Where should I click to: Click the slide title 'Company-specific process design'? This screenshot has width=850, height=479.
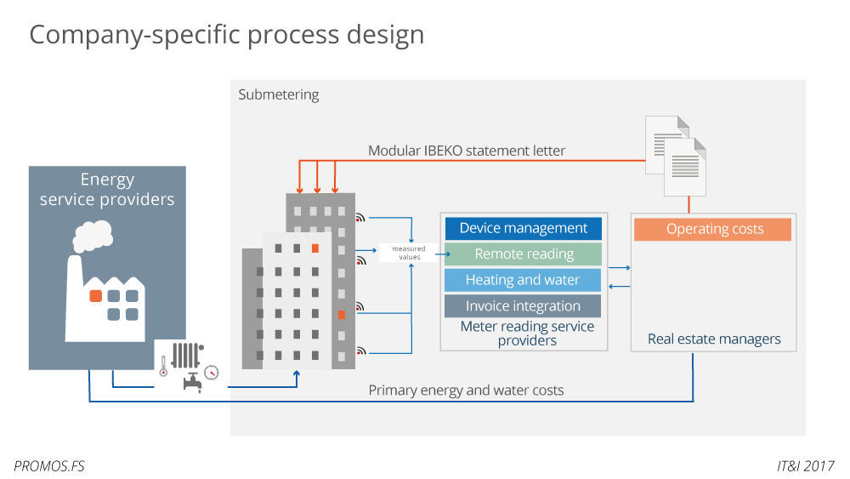pyautogui.click(x=226, y=35)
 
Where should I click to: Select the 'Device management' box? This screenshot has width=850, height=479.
pyautogui.click(x=523, y=228)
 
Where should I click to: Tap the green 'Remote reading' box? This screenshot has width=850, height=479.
pyautogui.click(x=523, y=254)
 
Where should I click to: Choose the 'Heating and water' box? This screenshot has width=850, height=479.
pyautogui.click(x=523, y=280)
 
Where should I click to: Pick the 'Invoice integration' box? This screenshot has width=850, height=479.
pyautogui.click(x=523, y=306)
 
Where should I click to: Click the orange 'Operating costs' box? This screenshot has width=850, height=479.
pyautogui.click(x=714, y=229)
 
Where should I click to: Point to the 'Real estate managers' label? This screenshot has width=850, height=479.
pyautogui.click(x=714, y=339)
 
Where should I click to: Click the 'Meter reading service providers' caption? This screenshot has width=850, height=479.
pyautogui.click(x=527, y=334)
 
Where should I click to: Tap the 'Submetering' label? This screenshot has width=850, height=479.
pyautogui.click(x=279, y=94)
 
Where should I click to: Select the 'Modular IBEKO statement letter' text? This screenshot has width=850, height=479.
pyautogui.click(x=467, y=151)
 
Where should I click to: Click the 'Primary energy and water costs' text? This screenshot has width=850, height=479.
pyautogui.click(x=466, y=391)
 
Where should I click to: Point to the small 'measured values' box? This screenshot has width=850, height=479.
pyautogui.click(x=409, y=253)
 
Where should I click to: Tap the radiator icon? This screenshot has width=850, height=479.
pyautogui.click(x=185, y=354)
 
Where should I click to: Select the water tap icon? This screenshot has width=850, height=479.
pyautogui.click(x=192, y=382)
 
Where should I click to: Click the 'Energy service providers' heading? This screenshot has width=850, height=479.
pyautogui.click(x=107, y=190)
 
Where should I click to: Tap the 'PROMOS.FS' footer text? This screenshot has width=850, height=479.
pyautogui.click(x=49, y=465)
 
